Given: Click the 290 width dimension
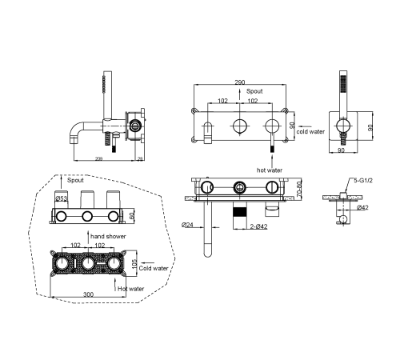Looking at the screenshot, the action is pos(240,82).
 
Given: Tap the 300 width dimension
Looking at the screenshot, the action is pos(89,294).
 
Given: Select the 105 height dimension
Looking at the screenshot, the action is pos(134,264).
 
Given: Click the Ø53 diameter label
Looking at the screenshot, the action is pos(62,198).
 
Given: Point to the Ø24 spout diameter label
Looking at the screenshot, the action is pos(187,225).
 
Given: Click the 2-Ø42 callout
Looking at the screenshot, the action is pos(258,226).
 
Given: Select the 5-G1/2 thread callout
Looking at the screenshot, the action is pos(363,181).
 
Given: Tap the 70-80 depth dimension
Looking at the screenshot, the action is pos(299,189).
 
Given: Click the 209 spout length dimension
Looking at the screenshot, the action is pos(99,159).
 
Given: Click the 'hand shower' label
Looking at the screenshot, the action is pos(108,236).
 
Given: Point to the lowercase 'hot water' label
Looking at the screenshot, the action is pos(270,170).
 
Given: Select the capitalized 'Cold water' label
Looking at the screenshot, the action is pos(154,268).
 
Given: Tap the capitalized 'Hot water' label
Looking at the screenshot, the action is pos(130,289).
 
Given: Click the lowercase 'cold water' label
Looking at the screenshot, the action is pos(310,131).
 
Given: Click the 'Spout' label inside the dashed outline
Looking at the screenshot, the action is pos(75,180).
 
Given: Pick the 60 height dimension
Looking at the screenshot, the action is pos(132,216).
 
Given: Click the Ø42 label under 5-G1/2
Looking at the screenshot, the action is pos(362,207).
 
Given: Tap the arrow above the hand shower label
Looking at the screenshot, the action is pos(88,237).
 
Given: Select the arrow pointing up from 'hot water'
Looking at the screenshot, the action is pos(272,161).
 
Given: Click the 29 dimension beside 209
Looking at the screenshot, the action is pos(140,159).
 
